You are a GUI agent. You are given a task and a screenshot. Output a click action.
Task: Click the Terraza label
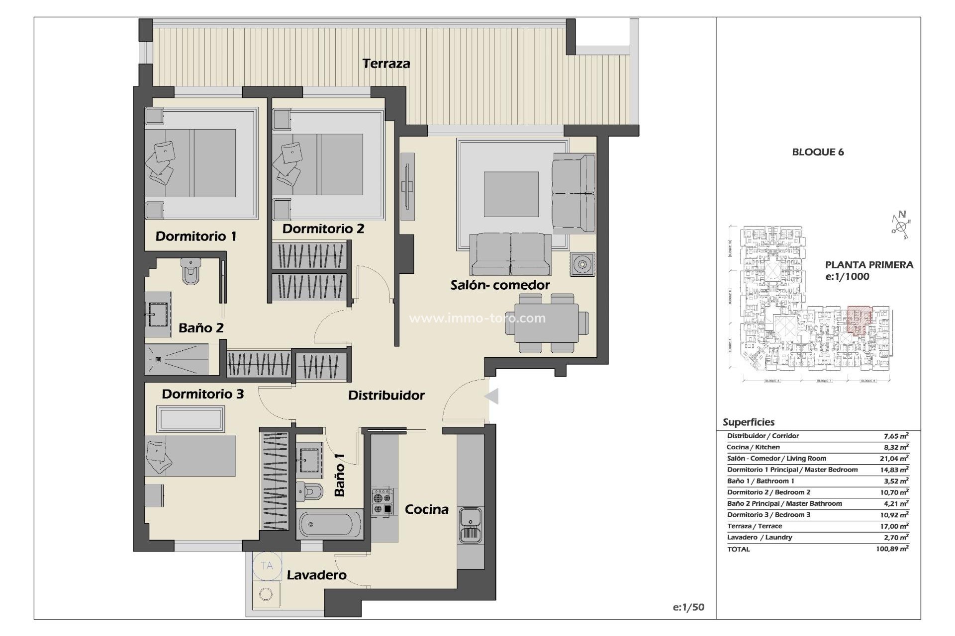(x=386, y=64)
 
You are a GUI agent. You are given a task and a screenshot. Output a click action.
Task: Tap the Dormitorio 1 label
(x=195, y=236)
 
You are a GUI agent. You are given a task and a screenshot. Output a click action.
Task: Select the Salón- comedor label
(x=500, y=285)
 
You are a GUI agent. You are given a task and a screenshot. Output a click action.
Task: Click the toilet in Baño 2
(x=191, y=271)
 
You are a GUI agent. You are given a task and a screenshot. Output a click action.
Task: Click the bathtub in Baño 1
(x=330, y=524)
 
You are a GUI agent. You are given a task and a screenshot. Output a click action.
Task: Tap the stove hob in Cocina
(x=382, y=502)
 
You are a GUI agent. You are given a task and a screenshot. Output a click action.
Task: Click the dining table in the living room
(x=547, y=323)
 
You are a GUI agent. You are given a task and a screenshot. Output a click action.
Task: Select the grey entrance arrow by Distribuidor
(x=491, y=397)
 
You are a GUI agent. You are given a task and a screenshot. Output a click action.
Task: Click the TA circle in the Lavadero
(x=267, y=565)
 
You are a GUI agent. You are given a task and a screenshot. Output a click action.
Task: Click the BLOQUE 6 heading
(x=818, y=152)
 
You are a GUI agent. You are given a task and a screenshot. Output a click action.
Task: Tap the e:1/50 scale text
(x=688, y=607)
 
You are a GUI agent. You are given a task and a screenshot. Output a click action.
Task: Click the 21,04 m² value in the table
(x=894, y=459)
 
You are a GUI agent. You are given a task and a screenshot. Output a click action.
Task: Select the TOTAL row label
(x=738, y=549)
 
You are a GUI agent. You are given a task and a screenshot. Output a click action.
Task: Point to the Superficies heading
(x=748, y=422)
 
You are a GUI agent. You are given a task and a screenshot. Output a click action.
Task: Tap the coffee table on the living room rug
(x=511, y=194)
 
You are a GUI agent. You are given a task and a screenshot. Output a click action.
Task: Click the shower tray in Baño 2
(x=177, y=359)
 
